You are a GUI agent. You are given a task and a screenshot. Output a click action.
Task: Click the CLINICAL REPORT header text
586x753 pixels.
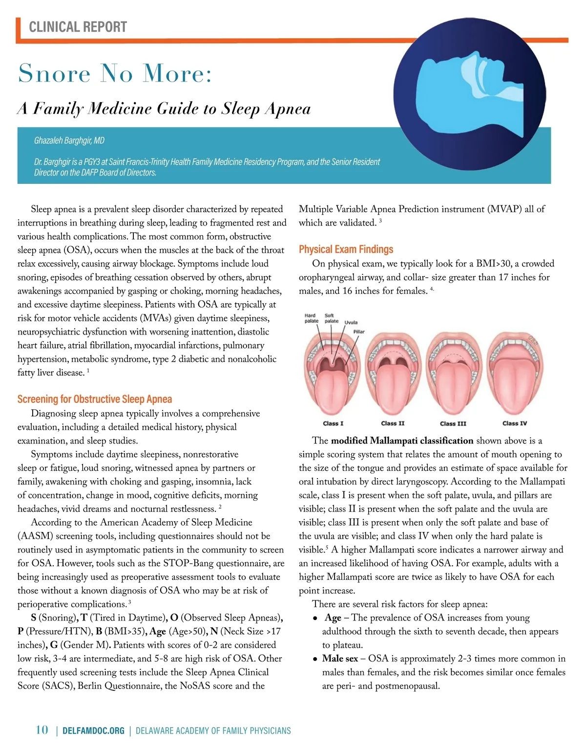(x=78, y=27)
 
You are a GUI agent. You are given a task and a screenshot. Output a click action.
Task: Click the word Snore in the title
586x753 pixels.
(x=54, y=74)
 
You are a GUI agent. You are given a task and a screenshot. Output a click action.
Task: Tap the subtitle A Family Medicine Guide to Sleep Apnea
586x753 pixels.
(x=164, y=109)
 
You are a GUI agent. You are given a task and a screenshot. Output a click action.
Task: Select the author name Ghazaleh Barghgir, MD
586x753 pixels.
(x=69, y=141)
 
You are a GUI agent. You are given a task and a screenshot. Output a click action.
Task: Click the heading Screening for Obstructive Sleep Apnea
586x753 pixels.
(x=95, y=399)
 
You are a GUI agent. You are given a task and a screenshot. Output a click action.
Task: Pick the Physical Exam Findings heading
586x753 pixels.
(x=346, y=249)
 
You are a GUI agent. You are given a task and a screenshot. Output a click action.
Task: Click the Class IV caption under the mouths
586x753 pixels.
(x=515, y=423)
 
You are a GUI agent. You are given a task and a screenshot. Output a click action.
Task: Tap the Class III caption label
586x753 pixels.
(x=453, y=423)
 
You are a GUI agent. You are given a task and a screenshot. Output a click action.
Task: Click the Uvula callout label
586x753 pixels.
(x=351, y=323)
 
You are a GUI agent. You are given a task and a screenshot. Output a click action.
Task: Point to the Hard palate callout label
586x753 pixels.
(x=311, y=318)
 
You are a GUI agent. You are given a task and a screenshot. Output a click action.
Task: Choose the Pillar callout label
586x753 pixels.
(x=359, y=332)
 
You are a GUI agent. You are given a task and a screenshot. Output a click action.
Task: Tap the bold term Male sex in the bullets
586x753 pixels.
(x=340, y=659)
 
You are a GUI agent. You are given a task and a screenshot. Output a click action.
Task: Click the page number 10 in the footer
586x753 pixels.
(x=42, y=730)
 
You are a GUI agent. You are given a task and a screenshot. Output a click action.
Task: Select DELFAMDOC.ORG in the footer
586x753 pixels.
(x=94, y=731)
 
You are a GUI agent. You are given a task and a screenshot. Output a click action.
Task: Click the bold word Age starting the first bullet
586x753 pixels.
(x=333, y=618)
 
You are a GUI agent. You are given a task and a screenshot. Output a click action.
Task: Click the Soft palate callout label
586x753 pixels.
(x=331, y=318)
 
